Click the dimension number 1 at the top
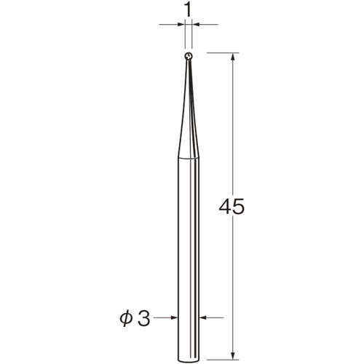pyautogui.click(x=188, y=10)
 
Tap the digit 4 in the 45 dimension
pyautogui.click(x=226, y=207)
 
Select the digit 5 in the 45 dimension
pyautogui.click(x=238, y=207)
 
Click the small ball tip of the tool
pyautogui.click(x=189, y=56)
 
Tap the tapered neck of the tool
pyautogui.click(x=189, y=108)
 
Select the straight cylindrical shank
pyautogui.click(x=189, y=259)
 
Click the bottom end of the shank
pyautogui.click(x=189, y=362)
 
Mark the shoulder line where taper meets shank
pyautogui.click(x=189, y=158)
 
